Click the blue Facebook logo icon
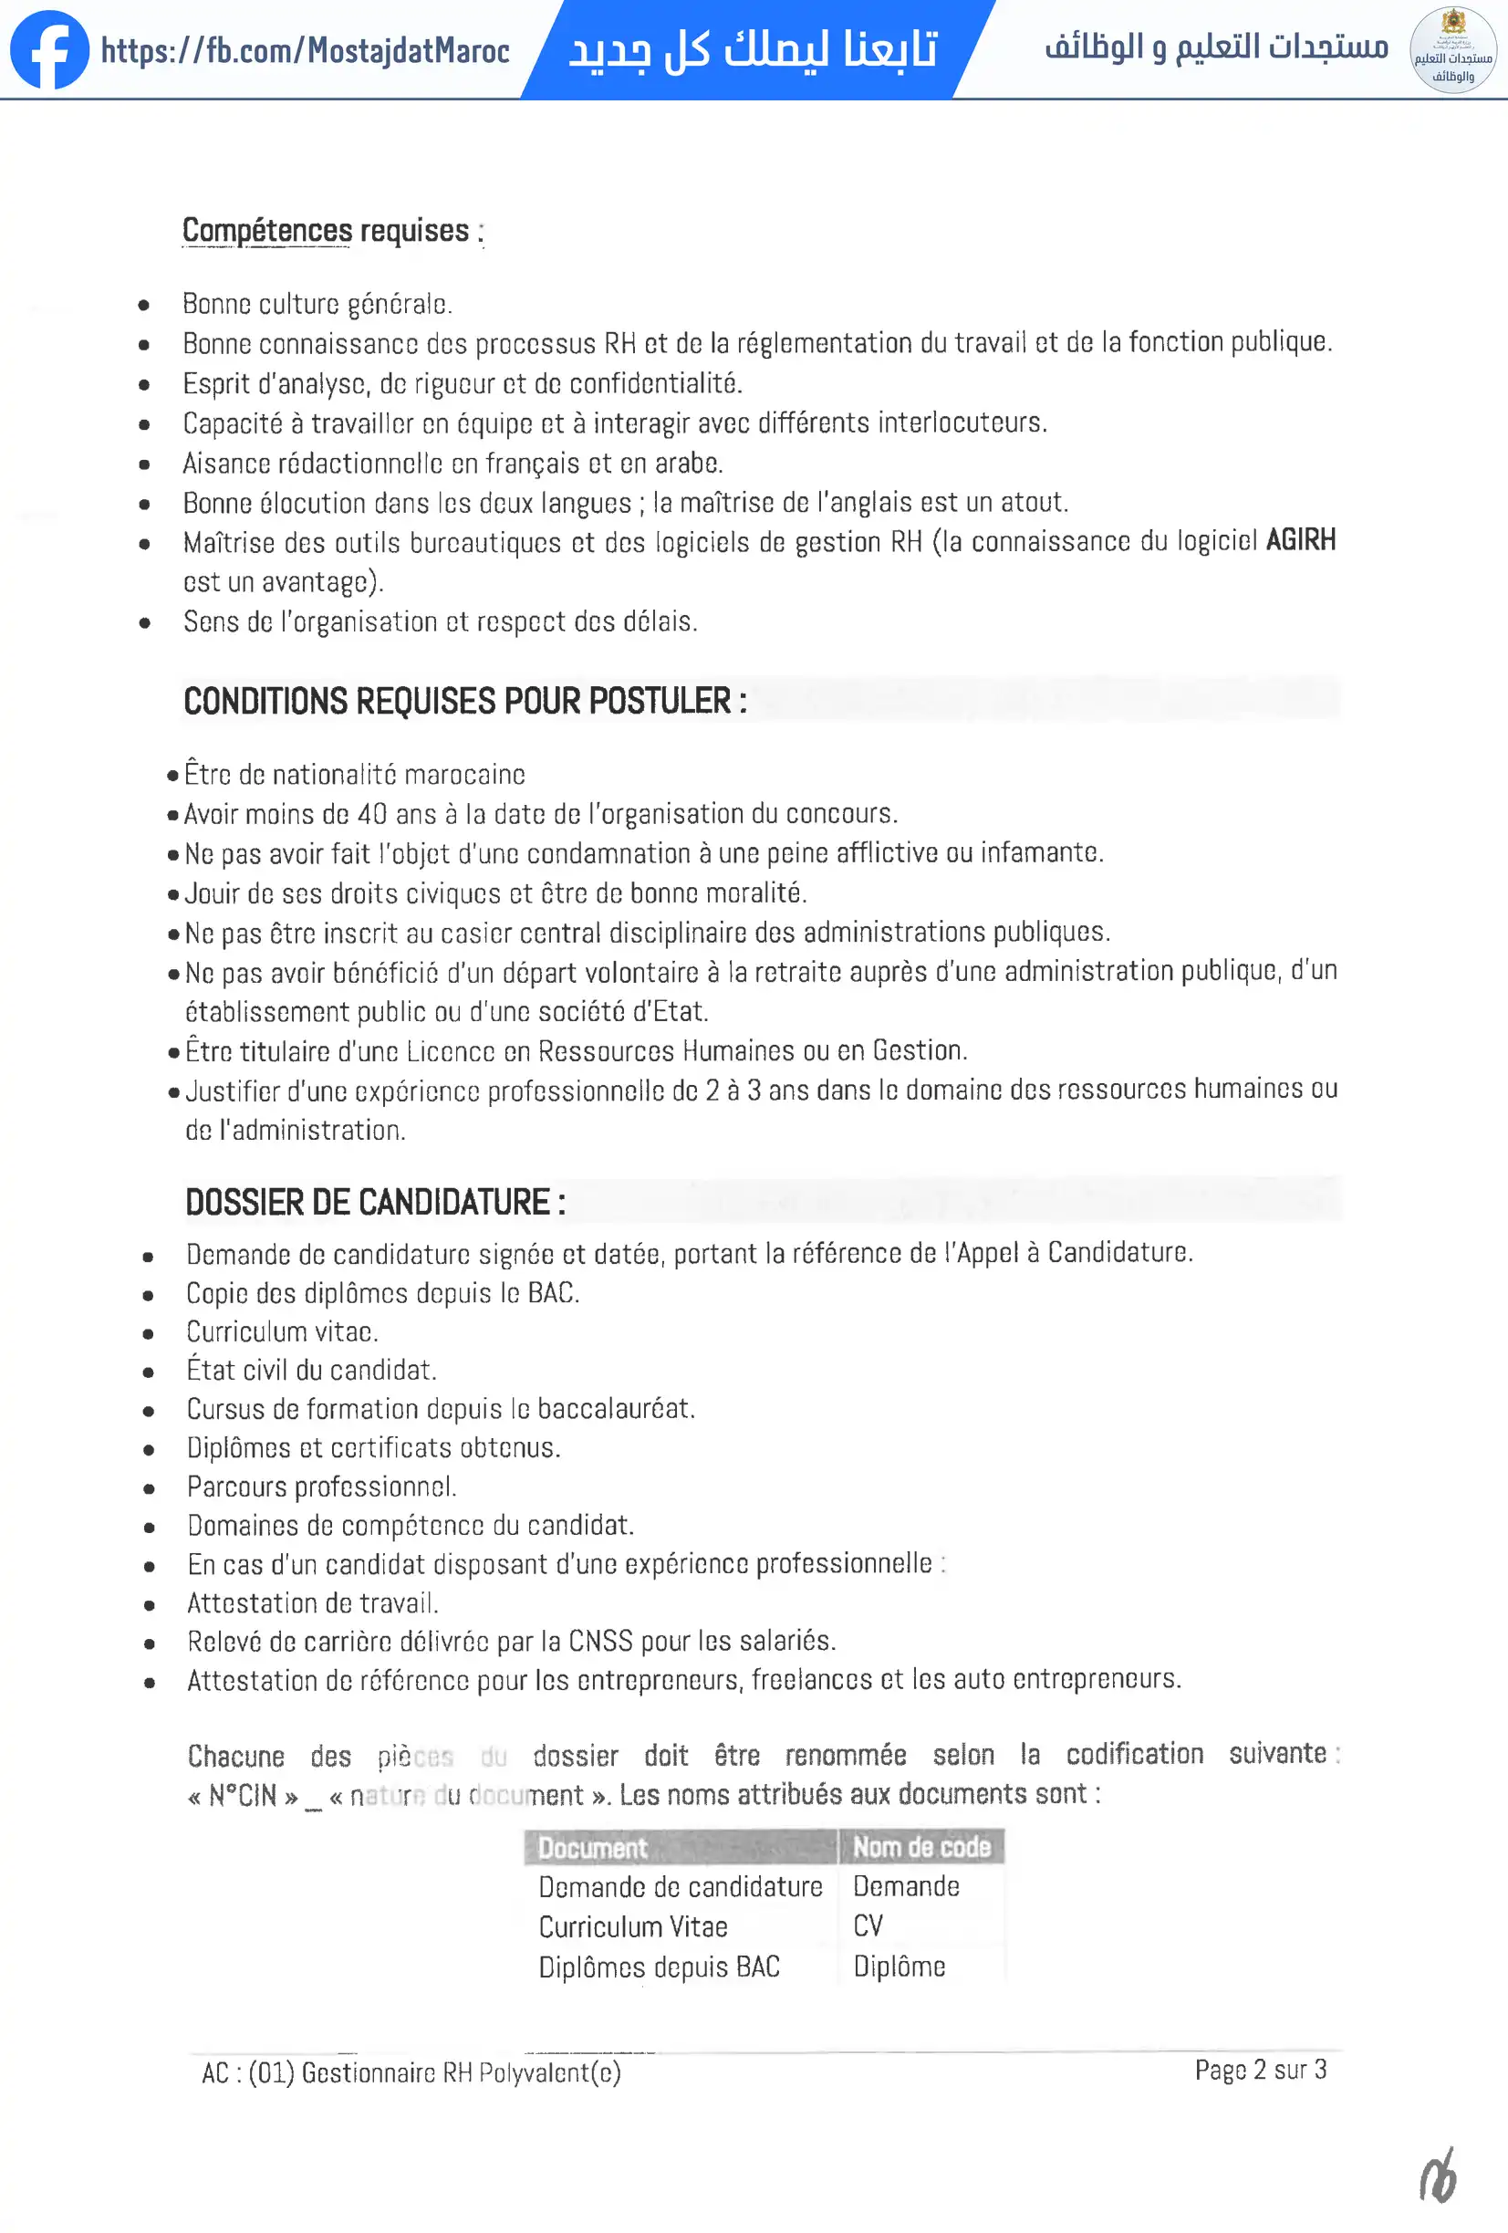[x=50, y=50]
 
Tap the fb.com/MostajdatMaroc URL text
[x=306, y=51]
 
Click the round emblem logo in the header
[x=1452, y=50]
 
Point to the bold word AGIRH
[x=1301, y=540]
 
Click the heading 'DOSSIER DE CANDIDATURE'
[x=375, y=1202]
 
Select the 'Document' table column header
[x=593, y=1848]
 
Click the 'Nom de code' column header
[x=921, y=1847]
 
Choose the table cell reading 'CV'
[x=868, y=1925]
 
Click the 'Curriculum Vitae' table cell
[x=633, y=1926]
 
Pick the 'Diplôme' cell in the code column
[x=899, y=1966]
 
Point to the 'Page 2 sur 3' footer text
[x=1260, y=2070]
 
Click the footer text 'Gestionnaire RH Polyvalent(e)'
[x=461, y=2073]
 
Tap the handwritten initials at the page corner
[x=1438, y=2177]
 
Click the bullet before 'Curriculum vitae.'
[x=148, y=1333]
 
